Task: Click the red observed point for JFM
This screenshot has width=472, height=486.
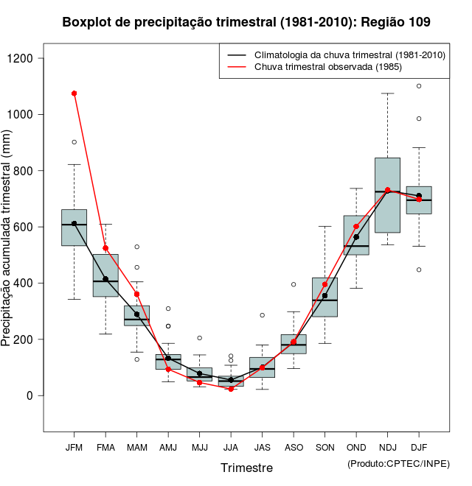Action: pos(74,94)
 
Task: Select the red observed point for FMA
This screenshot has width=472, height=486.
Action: pos(105,248)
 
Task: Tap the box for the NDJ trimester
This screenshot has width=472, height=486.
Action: pos(387,195)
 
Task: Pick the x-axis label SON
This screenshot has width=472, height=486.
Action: pos(324,447)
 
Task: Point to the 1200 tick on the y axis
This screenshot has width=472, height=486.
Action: pos(29,58)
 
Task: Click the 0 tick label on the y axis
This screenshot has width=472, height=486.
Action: pos(29,395)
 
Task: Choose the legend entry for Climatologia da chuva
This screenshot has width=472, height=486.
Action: pos(349,55)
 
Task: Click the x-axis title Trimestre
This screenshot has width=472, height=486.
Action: pos(246,468)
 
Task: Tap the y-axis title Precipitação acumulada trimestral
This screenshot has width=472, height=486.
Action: pos(7,239)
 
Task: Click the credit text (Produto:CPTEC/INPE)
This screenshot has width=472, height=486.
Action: pos(398,463)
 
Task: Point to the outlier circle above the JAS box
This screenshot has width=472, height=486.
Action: pos(262,315)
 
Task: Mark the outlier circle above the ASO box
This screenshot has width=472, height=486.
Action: pos(294,284)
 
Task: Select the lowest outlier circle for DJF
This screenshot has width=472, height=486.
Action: pos(419,270)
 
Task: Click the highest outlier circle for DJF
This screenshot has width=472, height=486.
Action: pos(419,86)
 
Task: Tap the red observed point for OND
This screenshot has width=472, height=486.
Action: pos(356,227)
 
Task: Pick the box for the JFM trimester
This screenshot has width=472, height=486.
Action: pos(74,228)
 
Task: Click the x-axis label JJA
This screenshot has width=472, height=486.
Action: pos(231,447)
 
